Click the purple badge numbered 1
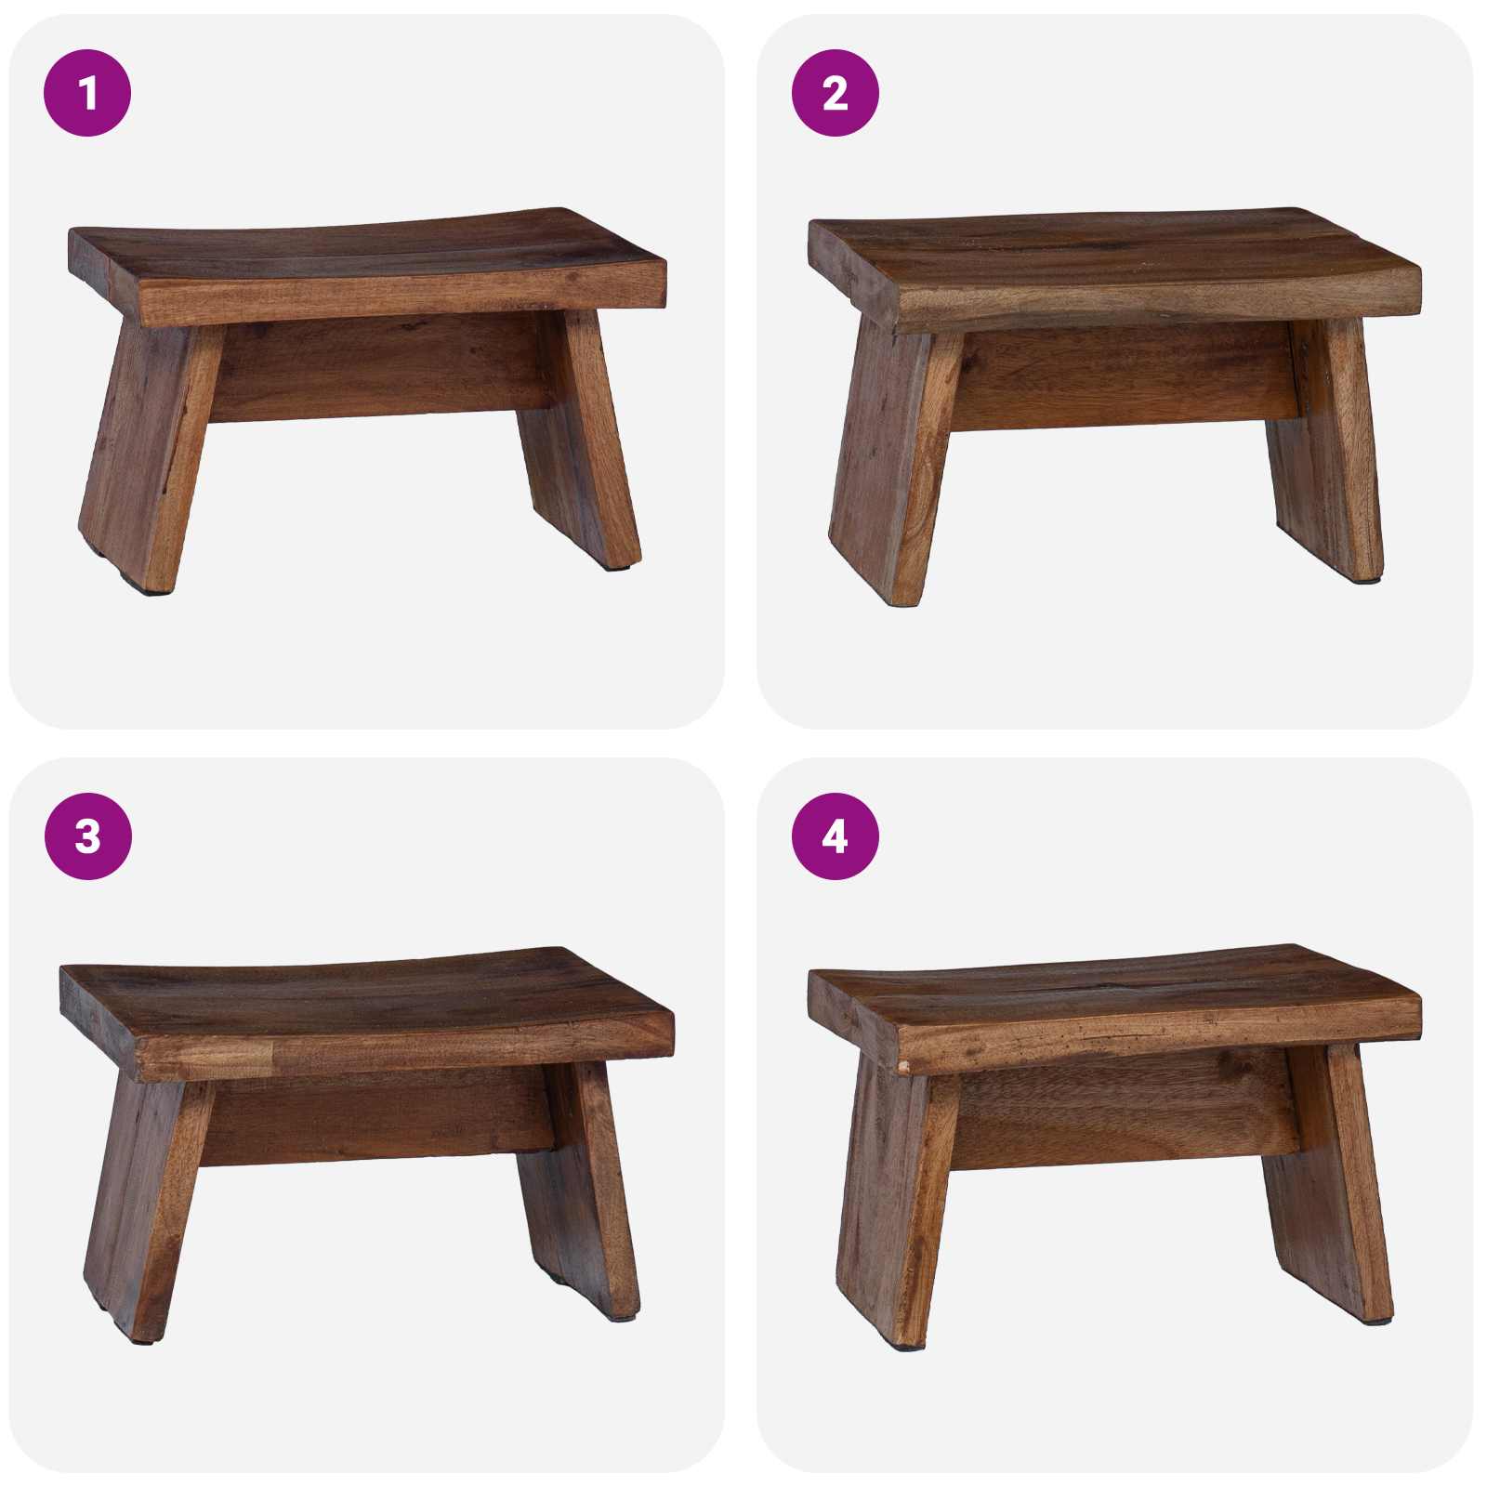coord(87,93)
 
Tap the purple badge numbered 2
coord(835,93)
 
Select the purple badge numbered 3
coord(87,836)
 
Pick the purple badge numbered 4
coord(835,836)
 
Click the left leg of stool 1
coord(149,455)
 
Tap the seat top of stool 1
coord(372,246)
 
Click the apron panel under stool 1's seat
coord(381,367)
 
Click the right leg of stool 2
coord(1329,455)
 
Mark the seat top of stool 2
coord(1115,246)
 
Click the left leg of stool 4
coord(892,1208)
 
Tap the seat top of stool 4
coord(1115,990)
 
